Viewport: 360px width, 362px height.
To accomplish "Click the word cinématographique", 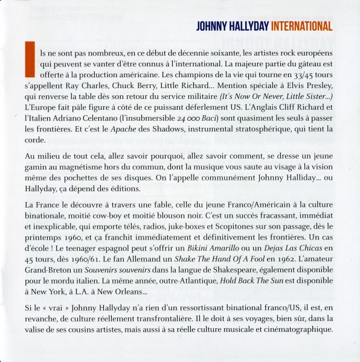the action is (301, 329).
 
